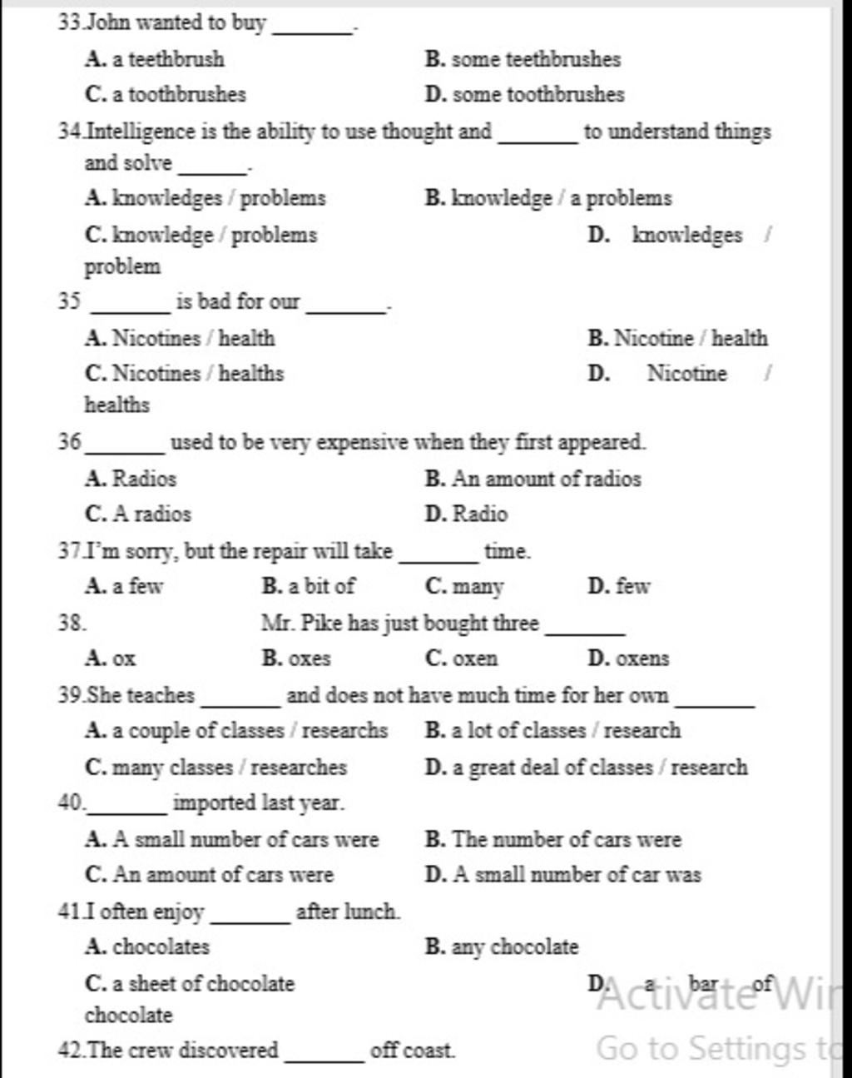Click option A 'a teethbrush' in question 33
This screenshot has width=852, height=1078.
click(155, 59)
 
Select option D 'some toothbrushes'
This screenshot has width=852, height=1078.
click(524, 94)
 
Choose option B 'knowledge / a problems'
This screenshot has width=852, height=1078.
click(547, 198)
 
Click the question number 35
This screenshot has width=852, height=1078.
click(68, 301)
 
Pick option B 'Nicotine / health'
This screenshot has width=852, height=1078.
click(677, 338)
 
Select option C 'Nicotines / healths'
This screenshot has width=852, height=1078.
click(184, 373)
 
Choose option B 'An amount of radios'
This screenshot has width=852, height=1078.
click(532, 479)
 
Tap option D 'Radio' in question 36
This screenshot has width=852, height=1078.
click(466, 514)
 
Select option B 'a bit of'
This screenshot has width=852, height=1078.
click(308, 586)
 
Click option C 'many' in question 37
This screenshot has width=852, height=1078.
click(464, 587)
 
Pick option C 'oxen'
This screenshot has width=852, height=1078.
click(461, 658)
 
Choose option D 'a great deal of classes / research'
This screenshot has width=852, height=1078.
click(586, 767)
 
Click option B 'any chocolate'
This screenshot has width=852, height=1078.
click(501, 947)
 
